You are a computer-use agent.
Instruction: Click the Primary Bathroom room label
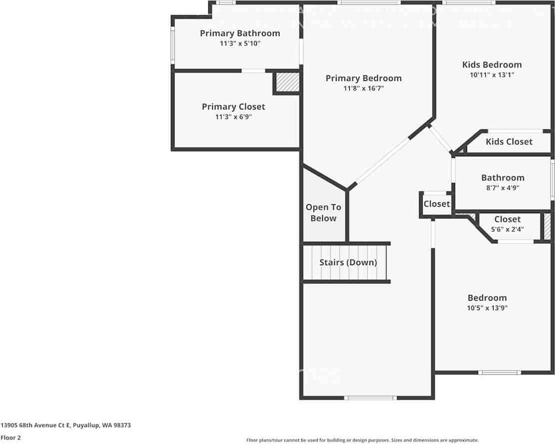tap(240, 33)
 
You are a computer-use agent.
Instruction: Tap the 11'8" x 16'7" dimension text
tap(364, 88)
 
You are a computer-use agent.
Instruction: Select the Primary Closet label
tap(233, 106)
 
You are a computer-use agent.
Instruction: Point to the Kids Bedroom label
tap(492, 65)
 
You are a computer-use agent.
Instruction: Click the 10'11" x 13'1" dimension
tap(492, 74)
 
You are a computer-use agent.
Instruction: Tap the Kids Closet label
tap(509, 141)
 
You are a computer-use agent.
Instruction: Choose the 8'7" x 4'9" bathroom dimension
tap(503, 187)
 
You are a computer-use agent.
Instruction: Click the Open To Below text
tap(324, 213)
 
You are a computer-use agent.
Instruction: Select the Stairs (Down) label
tap(348, 262)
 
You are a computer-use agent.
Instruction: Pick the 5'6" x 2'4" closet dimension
tap(507, 229)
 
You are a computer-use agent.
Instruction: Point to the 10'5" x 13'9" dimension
tap(487, 308)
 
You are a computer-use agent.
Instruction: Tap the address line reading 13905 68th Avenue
tap(65, 425)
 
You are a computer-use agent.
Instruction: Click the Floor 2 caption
tap(10, 438)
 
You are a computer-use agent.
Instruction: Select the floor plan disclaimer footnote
tap(363, 440)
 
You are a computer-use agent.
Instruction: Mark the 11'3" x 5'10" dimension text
tap(240, 43)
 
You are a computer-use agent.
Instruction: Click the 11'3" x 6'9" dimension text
tap(233, 116)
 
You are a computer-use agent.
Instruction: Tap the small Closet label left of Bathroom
tap(437, 204)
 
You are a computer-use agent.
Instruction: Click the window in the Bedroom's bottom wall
tap(500, 373)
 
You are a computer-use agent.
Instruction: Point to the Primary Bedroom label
tap(364, 78)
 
